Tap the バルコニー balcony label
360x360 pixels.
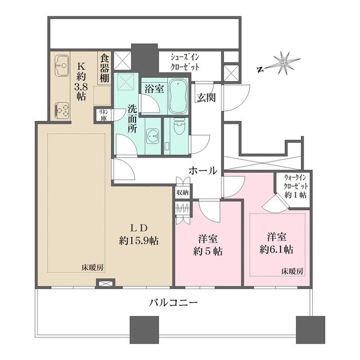click(x=173, y=302)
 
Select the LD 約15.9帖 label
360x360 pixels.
click(x=139, y=235)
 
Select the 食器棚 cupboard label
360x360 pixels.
click(x=104, y=67)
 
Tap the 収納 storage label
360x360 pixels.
click(x=182, y=193)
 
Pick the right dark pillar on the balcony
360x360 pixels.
click(x=310, y=330)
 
